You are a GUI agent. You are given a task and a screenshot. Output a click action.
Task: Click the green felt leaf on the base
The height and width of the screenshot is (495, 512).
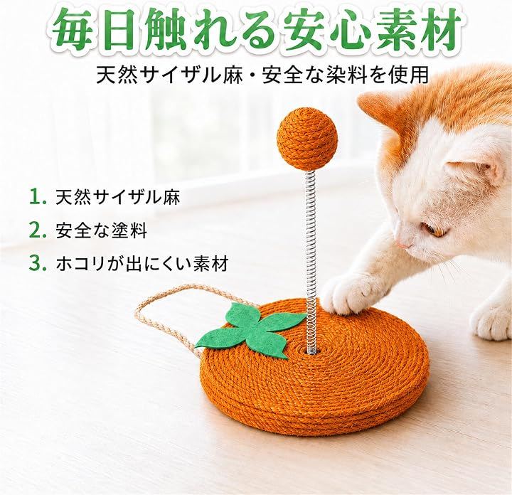[x=252, y=331]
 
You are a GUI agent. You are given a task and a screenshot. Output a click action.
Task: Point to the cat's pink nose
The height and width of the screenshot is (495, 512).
[x=400, y=243]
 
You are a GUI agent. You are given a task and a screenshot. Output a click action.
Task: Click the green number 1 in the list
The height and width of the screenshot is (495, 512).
[x=37, y=197]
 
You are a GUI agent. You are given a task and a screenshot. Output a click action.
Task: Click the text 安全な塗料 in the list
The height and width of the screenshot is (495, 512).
[x=102, y=230]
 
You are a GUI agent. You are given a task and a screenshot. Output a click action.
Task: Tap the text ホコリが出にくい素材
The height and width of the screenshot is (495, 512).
[x=142, y=264]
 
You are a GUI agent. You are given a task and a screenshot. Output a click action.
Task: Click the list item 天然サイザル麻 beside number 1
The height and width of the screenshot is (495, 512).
[x=118, y=197]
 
